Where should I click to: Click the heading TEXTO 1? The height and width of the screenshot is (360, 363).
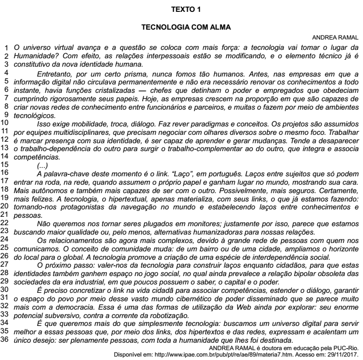(x=181, y=9)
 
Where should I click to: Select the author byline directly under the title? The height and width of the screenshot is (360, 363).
(x=335, y=38)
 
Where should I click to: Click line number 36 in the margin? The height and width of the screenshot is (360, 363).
(x=6, y=286)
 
